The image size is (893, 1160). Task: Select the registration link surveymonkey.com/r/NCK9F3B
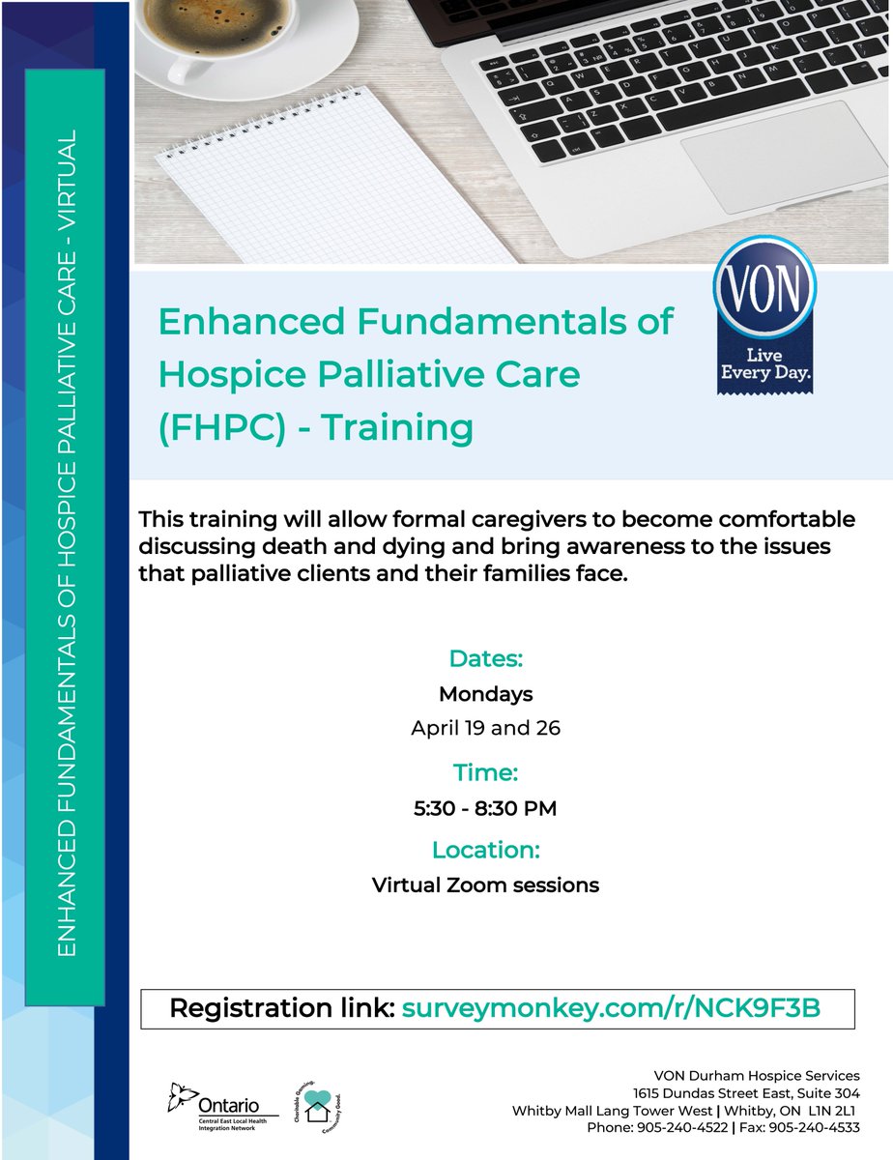click(610, 1008)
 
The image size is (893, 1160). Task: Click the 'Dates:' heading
click(485, 659)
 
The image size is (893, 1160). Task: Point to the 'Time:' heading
click(485, 772)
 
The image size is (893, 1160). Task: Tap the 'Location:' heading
click(485, 850)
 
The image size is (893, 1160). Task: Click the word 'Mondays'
click(485, 694)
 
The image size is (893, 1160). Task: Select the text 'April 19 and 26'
click(485, 728)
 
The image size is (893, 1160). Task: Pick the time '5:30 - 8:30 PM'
click(485, 807)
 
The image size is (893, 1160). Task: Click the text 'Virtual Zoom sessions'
click(485, 884)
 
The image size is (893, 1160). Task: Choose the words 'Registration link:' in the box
click(281, 1008)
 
